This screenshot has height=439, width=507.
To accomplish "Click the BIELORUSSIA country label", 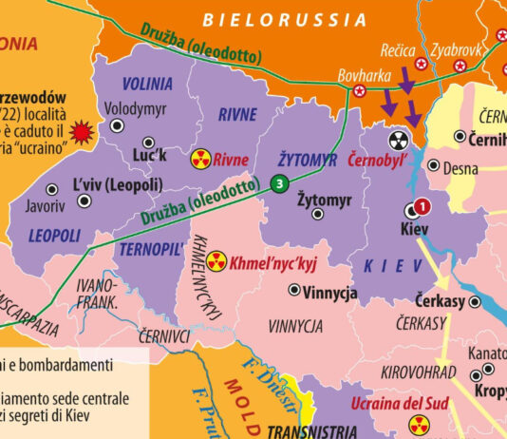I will [285, 19].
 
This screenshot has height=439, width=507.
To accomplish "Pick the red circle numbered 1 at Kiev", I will [422, 205].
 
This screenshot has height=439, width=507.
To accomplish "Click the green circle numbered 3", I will [279, 183].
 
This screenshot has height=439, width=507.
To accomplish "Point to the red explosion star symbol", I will [83, 129].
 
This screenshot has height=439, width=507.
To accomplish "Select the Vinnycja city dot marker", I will [294, 290].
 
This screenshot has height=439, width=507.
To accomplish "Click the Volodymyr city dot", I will [118, 124].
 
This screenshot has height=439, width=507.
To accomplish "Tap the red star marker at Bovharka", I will [360, 91].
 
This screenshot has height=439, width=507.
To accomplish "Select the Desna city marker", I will [433, 165].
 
